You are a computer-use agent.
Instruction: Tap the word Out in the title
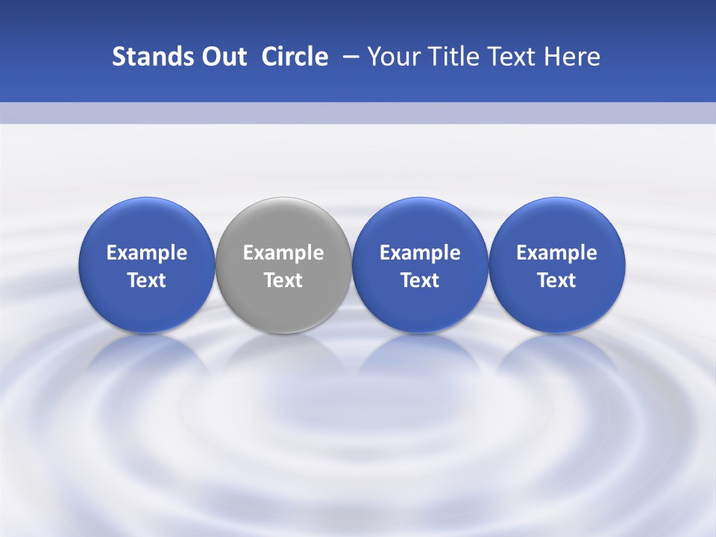pos(222,57)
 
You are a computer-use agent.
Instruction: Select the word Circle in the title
pos(295,57)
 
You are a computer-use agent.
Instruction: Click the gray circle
pos(283,224)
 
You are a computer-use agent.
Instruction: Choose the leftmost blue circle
pos(146,224)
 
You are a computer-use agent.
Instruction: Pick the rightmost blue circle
pos(557,224)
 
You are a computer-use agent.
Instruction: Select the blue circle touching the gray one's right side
pos(420,224)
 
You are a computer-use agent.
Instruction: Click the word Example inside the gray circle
pos(283,253)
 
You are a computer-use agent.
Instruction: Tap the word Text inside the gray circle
pos(283,280)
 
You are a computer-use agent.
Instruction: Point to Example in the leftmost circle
pos(146,253)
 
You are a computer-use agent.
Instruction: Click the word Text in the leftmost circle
pos(146,280)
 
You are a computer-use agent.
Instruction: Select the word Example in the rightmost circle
pos(557,253)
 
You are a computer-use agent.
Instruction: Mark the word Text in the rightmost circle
pos(557,280)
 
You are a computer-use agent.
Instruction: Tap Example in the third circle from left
pos(420,253)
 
